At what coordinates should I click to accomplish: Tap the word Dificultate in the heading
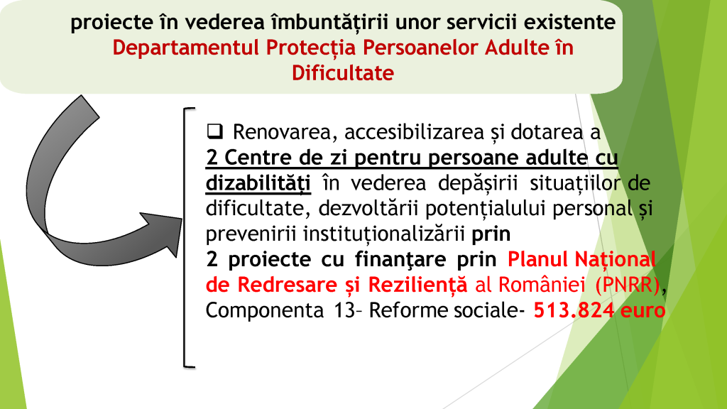343,73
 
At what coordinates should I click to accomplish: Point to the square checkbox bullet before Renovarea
214,131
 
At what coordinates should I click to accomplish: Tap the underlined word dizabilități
258,182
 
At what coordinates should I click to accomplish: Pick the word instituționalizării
383,234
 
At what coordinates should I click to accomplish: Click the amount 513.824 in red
574,310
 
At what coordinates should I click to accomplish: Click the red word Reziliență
417,285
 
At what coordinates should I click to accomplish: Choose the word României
541,285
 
